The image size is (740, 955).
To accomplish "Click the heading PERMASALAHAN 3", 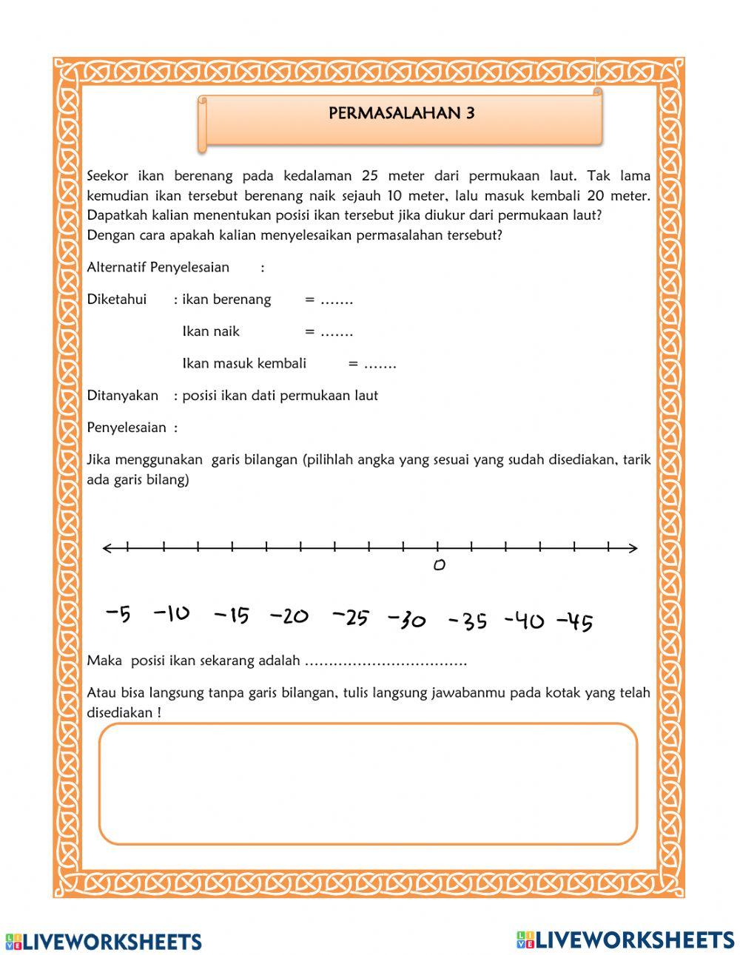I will point(401,113).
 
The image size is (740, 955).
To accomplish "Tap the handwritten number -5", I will point(118,613).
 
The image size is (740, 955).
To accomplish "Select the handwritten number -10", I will point(172,613).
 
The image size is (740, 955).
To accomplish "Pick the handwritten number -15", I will point(232,615).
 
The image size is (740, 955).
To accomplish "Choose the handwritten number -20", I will point(289,615).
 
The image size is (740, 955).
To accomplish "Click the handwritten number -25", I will point(351,617).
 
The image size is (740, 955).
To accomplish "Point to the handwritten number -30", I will point(407,620).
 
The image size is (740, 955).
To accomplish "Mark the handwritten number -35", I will point(468,621).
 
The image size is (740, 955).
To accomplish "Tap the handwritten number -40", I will point(524,621).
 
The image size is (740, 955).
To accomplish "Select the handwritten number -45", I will point(574,622).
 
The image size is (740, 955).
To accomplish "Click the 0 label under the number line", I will point(439,566).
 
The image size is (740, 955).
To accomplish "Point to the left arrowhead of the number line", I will point(108,548).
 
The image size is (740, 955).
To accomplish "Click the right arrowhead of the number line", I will point(633,548).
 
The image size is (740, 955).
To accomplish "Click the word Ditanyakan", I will point(123,396).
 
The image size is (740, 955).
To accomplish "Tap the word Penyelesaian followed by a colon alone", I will point(127,428).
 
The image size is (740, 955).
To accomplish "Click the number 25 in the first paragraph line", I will point(370,176).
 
